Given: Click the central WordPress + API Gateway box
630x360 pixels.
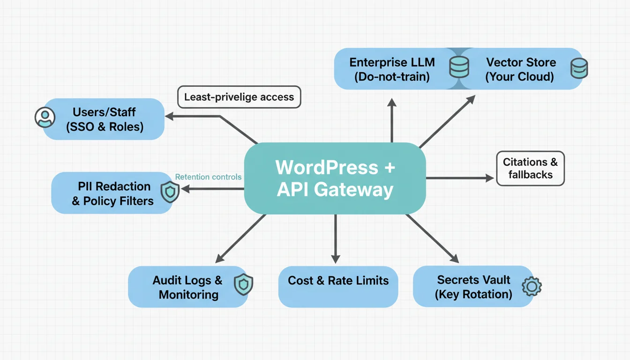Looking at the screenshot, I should click(335, 179).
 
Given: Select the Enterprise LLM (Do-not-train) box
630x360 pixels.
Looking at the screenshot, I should click(391, 69).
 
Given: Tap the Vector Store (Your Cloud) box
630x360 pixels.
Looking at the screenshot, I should click(520, 69).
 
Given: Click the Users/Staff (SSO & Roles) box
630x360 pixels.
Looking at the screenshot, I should click(104, 119).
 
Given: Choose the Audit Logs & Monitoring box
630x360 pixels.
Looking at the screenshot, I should click(187, 287).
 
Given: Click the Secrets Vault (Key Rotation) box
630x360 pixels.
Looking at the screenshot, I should click(473, 287).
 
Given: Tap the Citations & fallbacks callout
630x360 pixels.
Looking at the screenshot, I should click(530, 168).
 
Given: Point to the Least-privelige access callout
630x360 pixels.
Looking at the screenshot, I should click(239, 97).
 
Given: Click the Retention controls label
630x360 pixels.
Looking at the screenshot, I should click(208, 177).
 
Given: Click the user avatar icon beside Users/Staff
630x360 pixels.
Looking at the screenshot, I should click(45, 117).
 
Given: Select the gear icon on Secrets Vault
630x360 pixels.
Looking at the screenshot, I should click(532, 286).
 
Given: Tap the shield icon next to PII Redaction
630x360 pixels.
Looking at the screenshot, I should click(170, 191).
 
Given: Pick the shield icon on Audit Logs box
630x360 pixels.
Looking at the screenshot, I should click(243, 285).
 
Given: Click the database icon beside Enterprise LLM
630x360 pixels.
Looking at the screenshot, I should click(458, 67).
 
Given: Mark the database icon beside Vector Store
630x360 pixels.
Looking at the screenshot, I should click(578, 68).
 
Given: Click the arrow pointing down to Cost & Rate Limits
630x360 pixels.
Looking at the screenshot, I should click(335, 239).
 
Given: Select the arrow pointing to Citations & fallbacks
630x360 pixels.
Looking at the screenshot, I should click(459, 178).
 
